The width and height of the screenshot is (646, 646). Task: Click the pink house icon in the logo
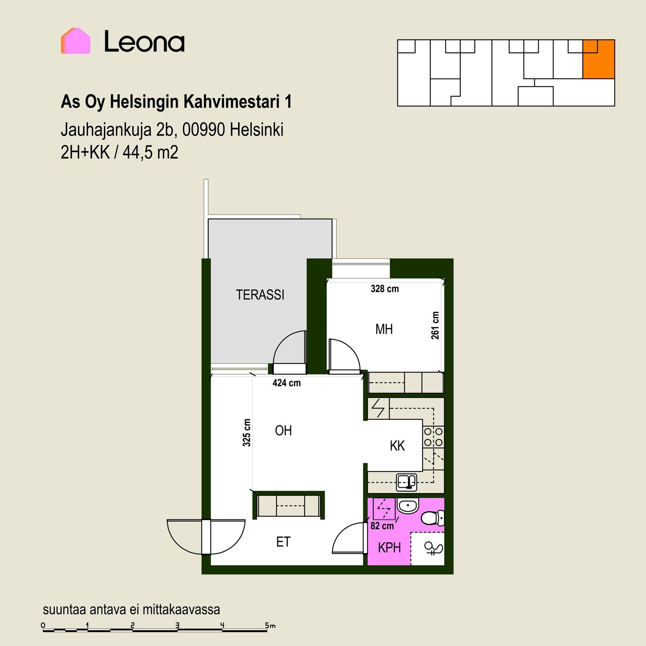point(75,41)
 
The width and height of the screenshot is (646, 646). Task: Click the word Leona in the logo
point(144,41)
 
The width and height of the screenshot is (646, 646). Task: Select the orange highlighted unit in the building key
point(599,59)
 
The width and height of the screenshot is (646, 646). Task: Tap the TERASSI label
point(260,295)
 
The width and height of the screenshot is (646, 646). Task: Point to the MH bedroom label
point(384,329)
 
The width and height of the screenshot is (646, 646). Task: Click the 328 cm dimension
point(385,289)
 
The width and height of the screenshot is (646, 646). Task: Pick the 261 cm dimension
point(435,325)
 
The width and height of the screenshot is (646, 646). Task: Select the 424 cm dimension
point(286,383)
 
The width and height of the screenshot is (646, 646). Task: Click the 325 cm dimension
point(247,433)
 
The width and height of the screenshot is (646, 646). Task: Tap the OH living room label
point(283,431)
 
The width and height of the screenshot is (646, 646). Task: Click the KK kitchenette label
point(397,446)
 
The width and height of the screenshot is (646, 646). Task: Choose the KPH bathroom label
point(389,548)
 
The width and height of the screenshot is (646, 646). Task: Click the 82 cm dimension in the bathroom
point(382,526)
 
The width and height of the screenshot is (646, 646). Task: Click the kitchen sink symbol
point(406,482)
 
